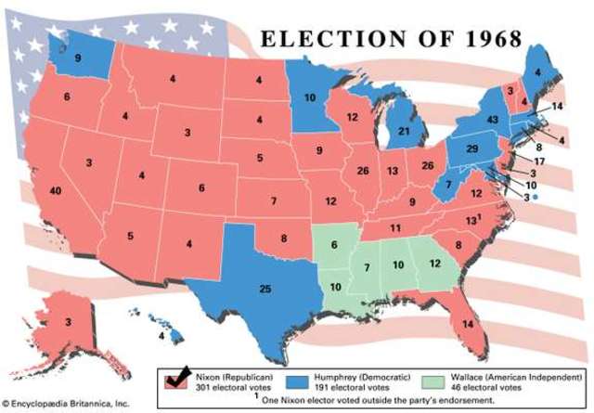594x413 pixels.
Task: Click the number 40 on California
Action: (x=56, y=190)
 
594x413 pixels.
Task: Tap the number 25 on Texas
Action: (x=265, y=290)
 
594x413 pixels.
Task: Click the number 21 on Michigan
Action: (x=405, y=133)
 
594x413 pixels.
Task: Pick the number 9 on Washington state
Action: (x=77, y=58)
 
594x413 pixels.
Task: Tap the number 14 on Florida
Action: (x=466, y=324)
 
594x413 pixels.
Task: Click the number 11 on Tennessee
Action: (x=394, y=228)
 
